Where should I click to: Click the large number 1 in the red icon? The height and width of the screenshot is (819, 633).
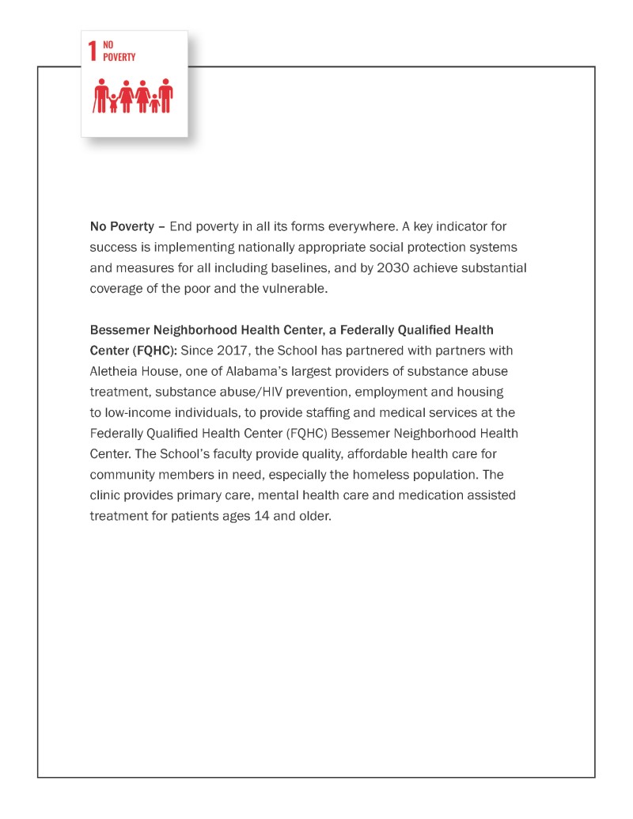pyautogui.click(x=93, y=51)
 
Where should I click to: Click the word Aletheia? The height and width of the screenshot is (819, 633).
pyautogui.click(x=115, y=371)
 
